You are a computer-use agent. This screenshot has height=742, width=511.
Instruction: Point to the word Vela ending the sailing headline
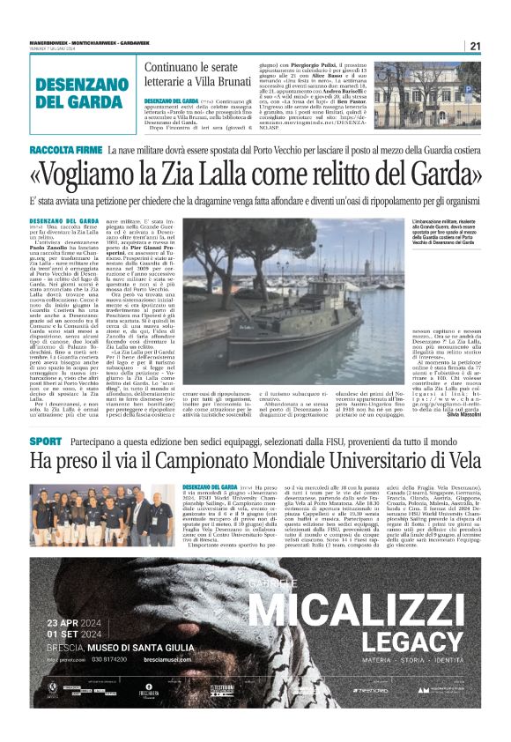[x=461, y=461]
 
